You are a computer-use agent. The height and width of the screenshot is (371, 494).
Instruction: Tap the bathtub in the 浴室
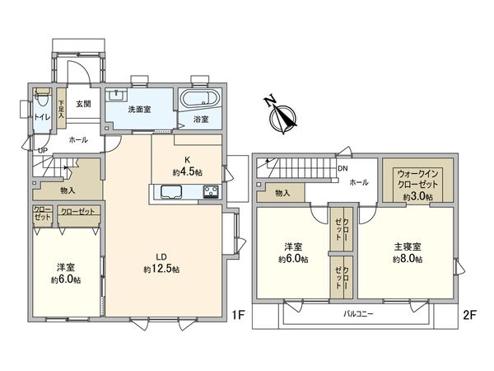pyautogui.click(x=198, y=101)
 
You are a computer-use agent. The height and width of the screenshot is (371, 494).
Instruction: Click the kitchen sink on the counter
pyautogui.click(x=173, y=193)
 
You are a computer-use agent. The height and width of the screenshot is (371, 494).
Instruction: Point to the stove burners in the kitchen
pyautogui.click(x=209, y=193)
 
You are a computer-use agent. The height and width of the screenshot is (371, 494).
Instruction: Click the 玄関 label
pyautogui.click(x=83, y=104)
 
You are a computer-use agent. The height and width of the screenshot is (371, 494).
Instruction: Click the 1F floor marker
pyautogui.click(x=238, y=314)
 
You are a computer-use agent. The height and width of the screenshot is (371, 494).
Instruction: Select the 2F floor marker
pyautogui.click(x=470, y=314)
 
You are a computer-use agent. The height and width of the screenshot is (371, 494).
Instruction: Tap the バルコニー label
pyautogui.click(x=359, y=315)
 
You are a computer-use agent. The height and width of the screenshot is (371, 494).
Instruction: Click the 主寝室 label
pyautogui.click(x=407, y=247)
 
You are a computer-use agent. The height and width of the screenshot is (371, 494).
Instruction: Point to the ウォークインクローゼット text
pyautogui.click(x=417, y=180)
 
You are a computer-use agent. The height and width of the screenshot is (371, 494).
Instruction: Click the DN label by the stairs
pyautogui.click(x=343, y=169)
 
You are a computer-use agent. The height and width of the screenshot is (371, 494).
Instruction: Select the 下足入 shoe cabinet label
pyautogui.click(x=60, y=110)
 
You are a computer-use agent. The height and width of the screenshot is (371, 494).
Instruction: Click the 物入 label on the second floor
pyautogui.click(x=281, y=194)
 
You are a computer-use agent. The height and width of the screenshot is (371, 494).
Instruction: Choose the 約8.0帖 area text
pyautogui.click(x=407, y=259)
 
